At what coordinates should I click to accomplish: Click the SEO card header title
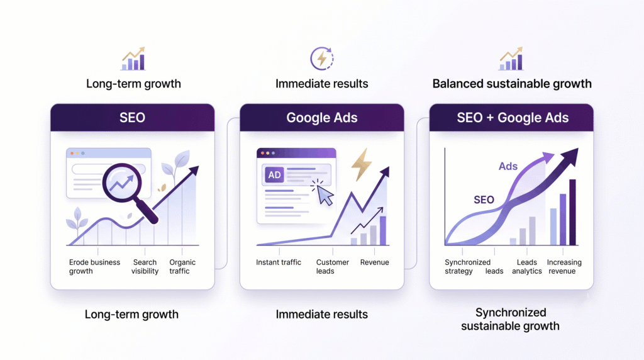(132, 118)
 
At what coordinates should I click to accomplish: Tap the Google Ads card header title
(321, 118)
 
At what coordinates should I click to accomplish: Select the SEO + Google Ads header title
(513, 118)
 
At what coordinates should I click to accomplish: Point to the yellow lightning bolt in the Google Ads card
(361, 164)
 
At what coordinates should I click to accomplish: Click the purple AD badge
(274, 175)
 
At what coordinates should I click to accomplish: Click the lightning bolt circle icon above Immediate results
(321, 59)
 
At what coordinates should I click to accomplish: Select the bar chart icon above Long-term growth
(133, 59)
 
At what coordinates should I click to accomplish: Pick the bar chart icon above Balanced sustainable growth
(511, 59)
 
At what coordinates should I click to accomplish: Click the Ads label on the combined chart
(508, 166)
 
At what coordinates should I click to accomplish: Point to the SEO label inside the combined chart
(484, 200)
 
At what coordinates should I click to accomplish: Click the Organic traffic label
(182, 267)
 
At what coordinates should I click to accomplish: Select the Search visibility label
(145, 267)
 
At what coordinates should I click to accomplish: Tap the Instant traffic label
(279, 262)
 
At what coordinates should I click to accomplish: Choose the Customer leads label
(332, 267)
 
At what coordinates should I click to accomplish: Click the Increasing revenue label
(564, 267)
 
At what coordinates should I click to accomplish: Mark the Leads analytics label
(526, 267)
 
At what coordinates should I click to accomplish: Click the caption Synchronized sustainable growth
(510, 319)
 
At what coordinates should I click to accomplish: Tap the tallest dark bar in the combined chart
(572, 212)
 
